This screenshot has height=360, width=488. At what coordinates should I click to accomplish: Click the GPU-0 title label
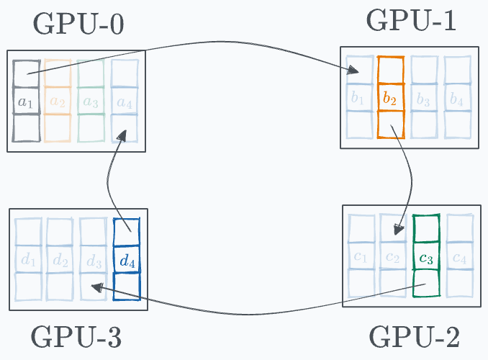[78, 24]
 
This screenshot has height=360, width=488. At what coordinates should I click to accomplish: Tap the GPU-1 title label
[411, 21]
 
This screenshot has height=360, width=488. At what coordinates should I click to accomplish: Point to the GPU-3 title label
[76, 337]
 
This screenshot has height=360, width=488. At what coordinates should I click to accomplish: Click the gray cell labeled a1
[26, 102]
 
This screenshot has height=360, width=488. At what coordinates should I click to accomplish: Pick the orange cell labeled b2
[390, 98]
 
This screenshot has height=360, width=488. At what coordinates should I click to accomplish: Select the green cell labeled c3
[425, 256]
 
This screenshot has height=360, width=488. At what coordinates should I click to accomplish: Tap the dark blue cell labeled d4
[127, 260]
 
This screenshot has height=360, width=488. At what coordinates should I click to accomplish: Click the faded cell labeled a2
[58, 102]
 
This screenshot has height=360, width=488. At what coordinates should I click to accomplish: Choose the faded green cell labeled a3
[91, 102]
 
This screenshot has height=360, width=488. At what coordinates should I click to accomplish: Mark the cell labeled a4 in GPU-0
[124, 102]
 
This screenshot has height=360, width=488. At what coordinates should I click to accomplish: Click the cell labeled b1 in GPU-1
[357, 98]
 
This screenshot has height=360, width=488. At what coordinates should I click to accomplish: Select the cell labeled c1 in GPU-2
[361, 257]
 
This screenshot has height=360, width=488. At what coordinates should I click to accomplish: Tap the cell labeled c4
[458, 257]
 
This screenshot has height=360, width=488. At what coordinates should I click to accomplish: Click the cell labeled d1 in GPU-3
[28, 260]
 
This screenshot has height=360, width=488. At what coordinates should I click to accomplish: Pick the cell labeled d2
[60, 260]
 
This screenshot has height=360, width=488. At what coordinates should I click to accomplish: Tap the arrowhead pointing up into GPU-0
[126, 136]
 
